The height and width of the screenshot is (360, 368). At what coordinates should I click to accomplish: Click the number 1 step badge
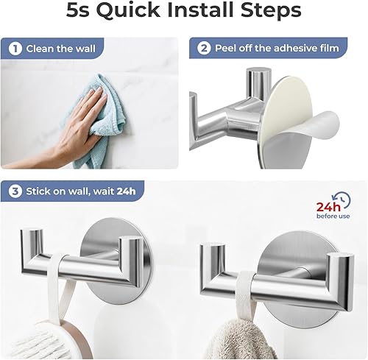(14, 49)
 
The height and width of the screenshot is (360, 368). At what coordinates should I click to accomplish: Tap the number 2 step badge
(202, 49)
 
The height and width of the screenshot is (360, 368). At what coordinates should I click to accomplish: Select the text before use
(333, 217)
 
